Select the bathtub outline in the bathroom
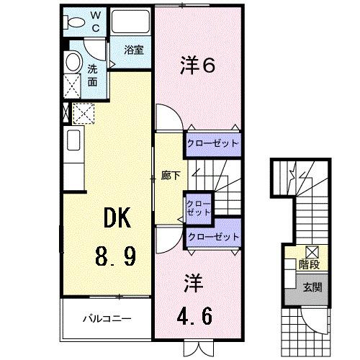[x=131, y=23]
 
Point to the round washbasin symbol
[x=73, y=63]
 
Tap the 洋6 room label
[x=197, y=66]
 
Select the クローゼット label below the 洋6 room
[x=212, y=143]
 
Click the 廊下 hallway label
[x=170, y=176]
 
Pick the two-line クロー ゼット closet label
[x=199, y=208]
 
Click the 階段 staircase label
[x=310, y=264]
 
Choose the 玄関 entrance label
[x=310, y=286]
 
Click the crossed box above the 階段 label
[x=312, y=252]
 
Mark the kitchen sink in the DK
[x=73, y=138]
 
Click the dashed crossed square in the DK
[x=84, y=113]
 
